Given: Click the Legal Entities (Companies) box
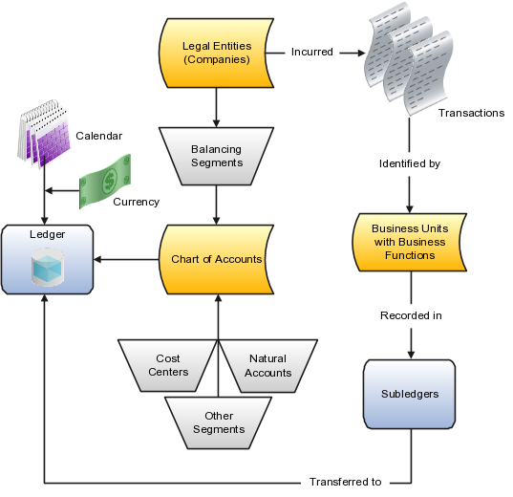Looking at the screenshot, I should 217,54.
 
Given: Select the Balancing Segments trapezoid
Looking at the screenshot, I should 217,156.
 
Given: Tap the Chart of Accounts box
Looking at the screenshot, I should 217,259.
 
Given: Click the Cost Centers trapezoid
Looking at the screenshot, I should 167,364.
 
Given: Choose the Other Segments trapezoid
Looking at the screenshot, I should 218,422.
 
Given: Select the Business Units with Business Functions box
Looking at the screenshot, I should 409,243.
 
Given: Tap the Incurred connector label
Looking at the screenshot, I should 312,52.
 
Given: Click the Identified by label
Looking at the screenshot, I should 409,164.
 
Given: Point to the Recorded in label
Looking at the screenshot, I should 410,314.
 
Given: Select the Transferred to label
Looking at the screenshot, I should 345,482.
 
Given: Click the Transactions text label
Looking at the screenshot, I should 471,113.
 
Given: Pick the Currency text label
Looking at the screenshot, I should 135,202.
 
